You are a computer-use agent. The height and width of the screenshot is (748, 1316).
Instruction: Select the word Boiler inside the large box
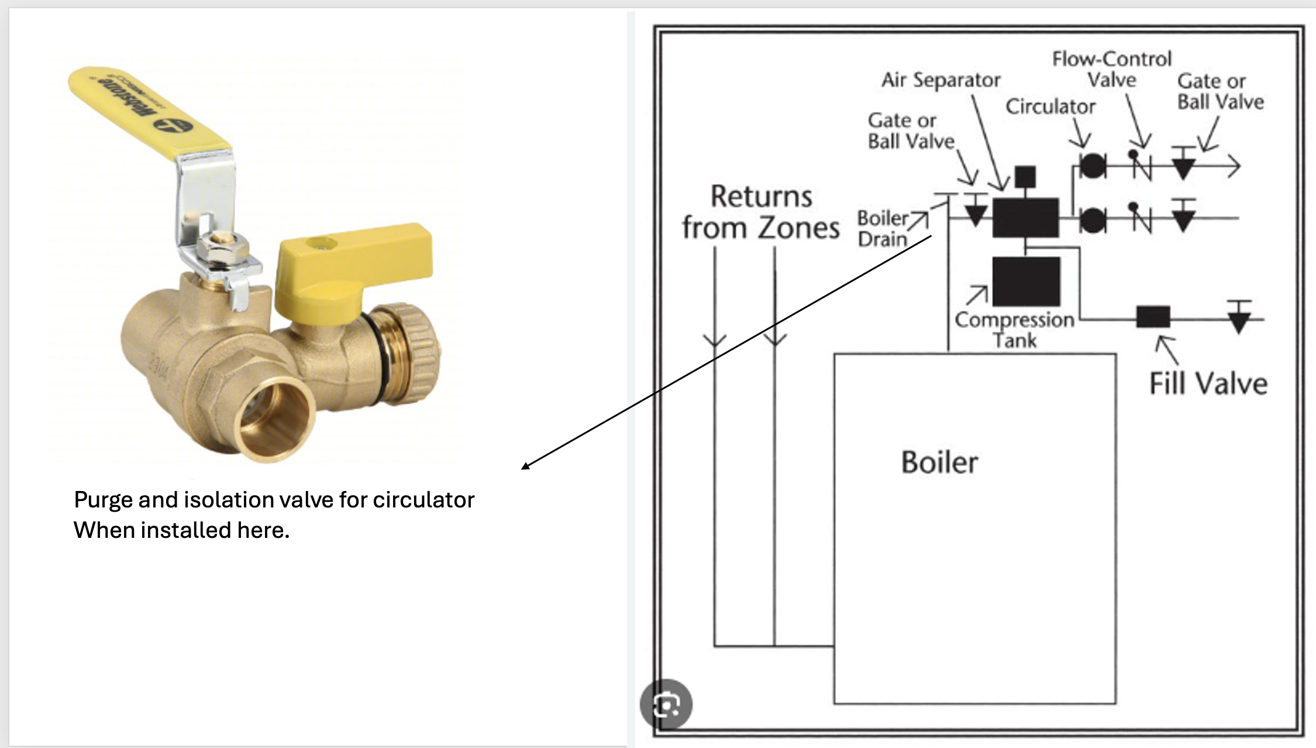click(x=939, y=462)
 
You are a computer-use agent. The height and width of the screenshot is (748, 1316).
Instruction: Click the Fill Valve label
click(x=1208, y=385)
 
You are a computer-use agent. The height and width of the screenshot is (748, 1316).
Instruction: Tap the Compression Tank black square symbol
click(x=1026, y=282)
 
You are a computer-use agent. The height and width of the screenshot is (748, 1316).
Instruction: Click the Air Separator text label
click(x=941, y=80)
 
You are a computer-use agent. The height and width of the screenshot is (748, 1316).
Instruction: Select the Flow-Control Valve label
click(x=1111, y=69)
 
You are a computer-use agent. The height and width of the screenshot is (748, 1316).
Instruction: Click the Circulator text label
click(x=1050, y=107)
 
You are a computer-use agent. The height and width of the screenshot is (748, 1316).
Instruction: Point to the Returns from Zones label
click(x=760, y=212)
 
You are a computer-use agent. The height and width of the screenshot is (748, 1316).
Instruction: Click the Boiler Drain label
click(x=883, y=228)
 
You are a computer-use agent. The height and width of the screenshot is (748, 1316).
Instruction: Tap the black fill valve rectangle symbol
click(x=1153, y=317)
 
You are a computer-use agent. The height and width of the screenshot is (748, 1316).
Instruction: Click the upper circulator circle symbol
click(x=1091, y=166)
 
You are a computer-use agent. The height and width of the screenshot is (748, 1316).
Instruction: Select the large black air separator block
click(x=1025, y=217)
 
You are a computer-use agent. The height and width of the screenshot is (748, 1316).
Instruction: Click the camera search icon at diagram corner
click(x=666, y=704)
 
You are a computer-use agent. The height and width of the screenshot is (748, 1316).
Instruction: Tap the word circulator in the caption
click(x=423, y=500)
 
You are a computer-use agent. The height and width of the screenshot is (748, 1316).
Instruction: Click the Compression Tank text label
click(x=1015, y=330)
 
